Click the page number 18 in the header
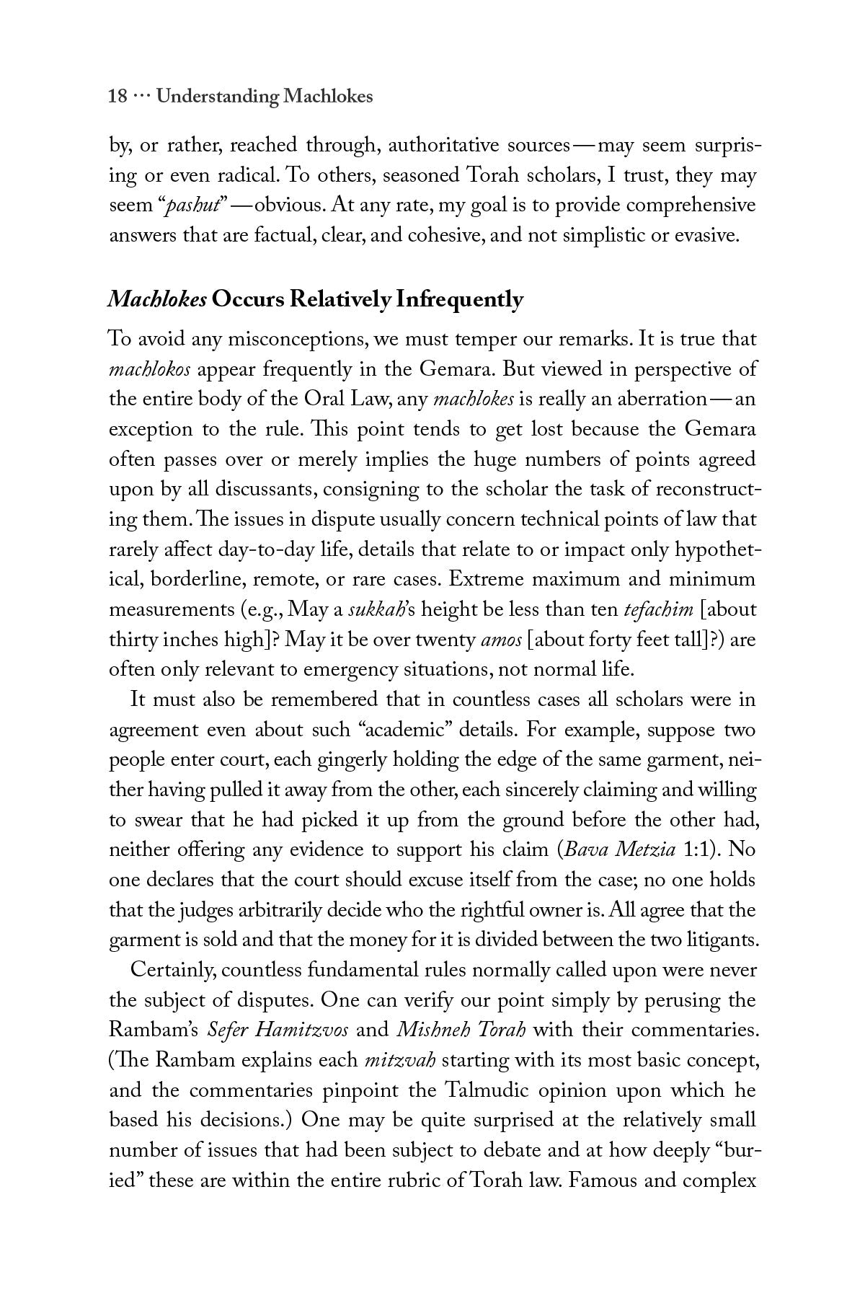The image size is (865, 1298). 118,97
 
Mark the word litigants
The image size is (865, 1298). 714,940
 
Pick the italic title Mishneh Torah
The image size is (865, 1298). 461,1030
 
